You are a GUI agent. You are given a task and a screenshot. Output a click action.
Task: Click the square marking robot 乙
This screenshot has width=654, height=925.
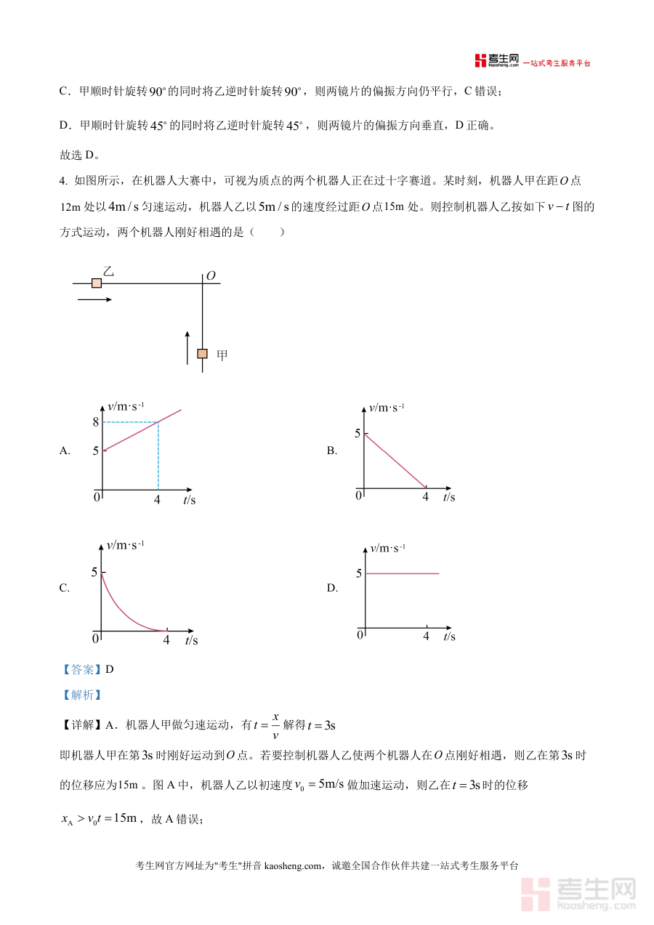point(96,283)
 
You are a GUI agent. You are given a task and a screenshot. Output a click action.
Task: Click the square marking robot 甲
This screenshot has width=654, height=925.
point(202,354)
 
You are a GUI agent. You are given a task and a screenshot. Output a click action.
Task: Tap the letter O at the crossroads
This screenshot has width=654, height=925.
point(211,275)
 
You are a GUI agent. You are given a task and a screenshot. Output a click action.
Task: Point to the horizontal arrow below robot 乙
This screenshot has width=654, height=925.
point(94,299)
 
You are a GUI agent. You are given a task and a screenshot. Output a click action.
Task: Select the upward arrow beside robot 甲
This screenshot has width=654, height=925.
point(187,347)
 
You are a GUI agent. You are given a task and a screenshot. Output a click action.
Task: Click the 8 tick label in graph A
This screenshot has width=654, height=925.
point(95,422)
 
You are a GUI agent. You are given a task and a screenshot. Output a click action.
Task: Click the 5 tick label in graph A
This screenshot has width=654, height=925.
point(95,451)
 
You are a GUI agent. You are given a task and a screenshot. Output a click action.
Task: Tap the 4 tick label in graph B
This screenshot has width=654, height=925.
point(426,497)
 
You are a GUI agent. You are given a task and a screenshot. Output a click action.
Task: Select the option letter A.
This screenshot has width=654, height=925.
point(65,451)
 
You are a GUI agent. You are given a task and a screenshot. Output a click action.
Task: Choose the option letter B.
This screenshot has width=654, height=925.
point(332,451)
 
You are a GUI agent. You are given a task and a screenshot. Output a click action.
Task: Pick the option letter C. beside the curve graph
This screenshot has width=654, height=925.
point(65,589)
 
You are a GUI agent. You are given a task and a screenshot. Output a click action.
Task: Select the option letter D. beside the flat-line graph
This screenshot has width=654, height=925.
point(332,589)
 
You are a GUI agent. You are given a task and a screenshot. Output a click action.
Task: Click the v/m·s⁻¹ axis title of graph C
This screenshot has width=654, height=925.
point(125,545)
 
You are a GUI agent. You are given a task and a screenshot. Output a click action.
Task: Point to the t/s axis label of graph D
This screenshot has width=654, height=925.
point(449,637)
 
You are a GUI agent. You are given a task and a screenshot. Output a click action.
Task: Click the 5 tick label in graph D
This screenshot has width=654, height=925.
point(358,573)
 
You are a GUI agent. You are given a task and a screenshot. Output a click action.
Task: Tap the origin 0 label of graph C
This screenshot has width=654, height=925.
point(95,639)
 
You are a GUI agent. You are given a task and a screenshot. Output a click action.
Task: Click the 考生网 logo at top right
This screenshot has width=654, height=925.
point(497,60)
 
